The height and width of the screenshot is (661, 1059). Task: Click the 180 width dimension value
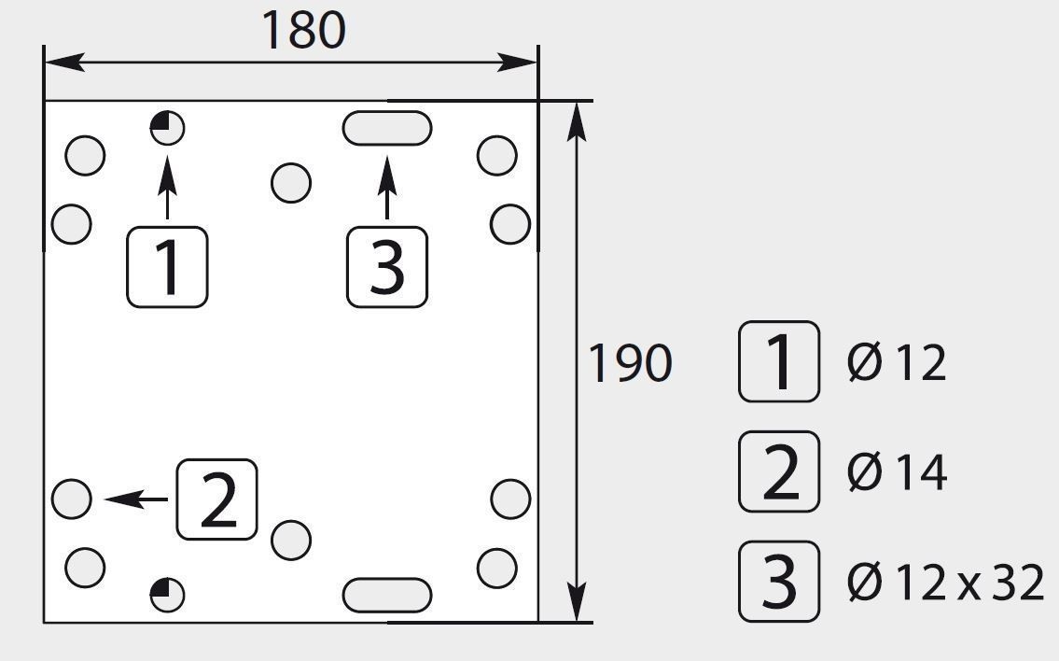(303, 31)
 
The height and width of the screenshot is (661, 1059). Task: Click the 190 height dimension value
(630, 363)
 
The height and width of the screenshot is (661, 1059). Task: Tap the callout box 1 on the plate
(168, 267)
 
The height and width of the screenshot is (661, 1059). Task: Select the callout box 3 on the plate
(387, 267)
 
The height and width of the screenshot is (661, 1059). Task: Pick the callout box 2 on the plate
(216, 499)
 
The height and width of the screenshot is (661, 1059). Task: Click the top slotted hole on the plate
(387, 129)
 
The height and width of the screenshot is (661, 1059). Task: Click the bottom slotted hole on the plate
(387, 596)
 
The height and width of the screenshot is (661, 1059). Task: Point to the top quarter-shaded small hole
(168, 128)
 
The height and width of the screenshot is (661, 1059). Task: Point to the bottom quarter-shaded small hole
(168, 595)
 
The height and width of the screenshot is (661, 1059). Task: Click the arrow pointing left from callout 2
(136, 499)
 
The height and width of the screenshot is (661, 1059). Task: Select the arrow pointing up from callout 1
(168, 188)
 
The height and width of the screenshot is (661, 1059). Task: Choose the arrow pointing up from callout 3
(387, 188)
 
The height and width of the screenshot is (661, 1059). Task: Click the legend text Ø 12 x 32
(945, 582)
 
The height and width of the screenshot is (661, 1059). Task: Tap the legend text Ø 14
(897, 471)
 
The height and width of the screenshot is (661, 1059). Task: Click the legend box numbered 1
(779, 361)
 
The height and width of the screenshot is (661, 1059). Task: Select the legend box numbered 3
(779, 582)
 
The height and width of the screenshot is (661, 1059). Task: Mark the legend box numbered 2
(779, 471)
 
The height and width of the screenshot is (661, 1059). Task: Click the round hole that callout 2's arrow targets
(72, 499)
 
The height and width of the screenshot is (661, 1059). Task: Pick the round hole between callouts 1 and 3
(291, 182)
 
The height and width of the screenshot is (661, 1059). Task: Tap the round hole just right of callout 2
(291, 540)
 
